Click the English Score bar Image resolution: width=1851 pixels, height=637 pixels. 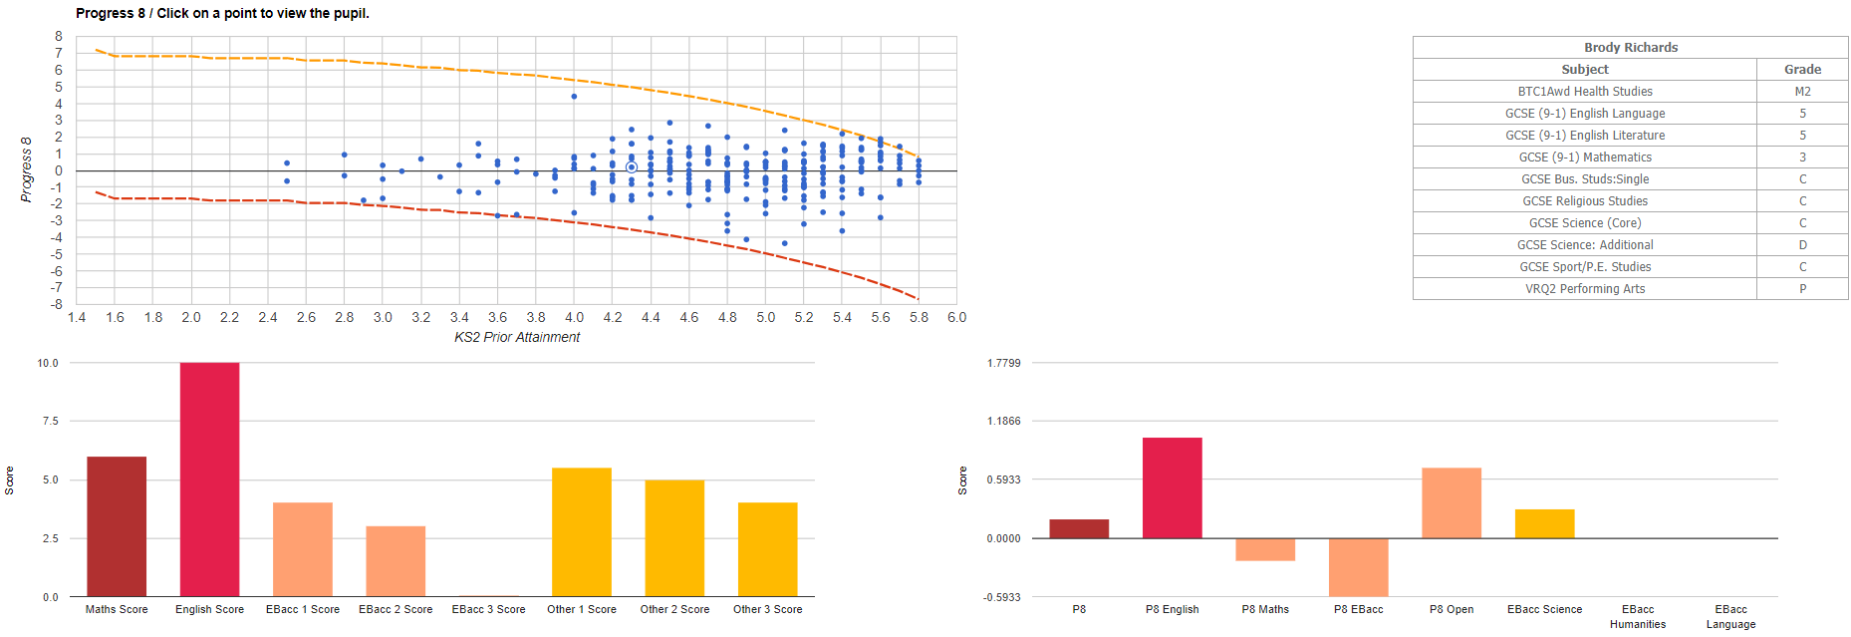tap(209, 479)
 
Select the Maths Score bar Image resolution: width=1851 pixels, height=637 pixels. tap(117, 526)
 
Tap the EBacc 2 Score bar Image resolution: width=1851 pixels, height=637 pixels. tap(396, 561)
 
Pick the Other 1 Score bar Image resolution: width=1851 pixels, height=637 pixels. tap(582, 532)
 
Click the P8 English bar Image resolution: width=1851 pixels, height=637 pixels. tap(1172, 487)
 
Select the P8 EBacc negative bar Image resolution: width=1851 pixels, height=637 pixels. tap(1358, 567)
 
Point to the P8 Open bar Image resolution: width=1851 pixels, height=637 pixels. tap(1451, 503)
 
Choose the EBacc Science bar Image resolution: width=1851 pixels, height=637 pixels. tap(1544, 523)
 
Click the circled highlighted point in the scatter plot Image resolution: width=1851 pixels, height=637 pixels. tap(632, 167)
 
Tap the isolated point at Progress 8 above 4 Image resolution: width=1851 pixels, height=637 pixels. tap(574, 97)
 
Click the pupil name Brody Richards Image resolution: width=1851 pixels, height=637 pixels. tap(1630, 48)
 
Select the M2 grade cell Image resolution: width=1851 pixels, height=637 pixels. tap(1802, 92)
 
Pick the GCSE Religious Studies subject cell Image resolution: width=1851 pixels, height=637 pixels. tap(1584, 201)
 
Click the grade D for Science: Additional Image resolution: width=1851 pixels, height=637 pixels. tap(1802, 245)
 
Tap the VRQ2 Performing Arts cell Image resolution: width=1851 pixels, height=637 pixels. tap(1584, 289)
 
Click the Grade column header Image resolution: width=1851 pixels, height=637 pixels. tap(1802, 70)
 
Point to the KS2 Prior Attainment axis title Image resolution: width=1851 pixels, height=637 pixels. tap(517, 338)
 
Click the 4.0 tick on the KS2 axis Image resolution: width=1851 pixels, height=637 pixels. tap(574, 318)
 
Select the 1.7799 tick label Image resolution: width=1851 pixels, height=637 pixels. tap(1003, 363)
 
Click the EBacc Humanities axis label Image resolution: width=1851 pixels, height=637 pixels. tap(1637, 617)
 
